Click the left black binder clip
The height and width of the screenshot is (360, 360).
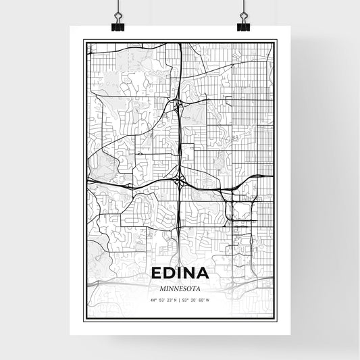(117, 26)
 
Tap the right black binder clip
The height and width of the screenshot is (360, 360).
(242, 26)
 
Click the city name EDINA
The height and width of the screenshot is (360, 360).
(180, 273)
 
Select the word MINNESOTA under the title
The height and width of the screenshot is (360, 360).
(180, 288)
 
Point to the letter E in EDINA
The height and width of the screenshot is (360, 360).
(155, 273)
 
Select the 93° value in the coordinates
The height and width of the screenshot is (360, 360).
(186, 300)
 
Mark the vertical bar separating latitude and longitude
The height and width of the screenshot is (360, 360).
(179, 300)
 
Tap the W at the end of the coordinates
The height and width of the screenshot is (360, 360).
(208, 300)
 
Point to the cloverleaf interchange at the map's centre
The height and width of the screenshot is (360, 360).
(180, 180)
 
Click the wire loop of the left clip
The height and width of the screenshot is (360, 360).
(117, 15)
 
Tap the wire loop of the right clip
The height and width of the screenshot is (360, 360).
(242, 15)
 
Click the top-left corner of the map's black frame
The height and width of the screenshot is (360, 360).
(84, 41)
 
